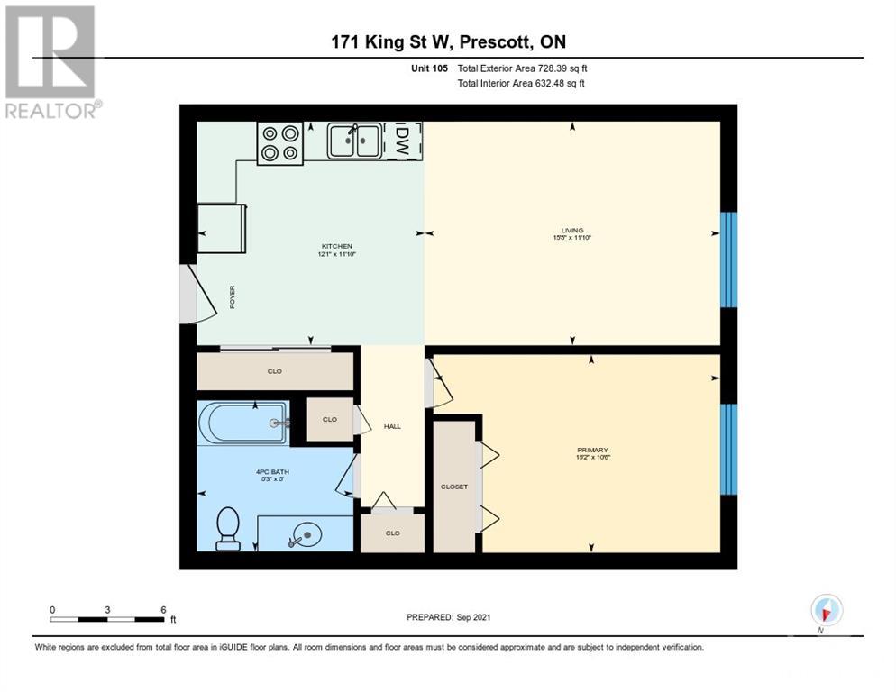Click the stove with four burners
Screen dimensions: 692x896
279,142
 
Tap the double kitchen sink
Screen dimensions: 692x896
352,141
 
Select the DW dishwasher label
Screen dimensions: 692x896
402,141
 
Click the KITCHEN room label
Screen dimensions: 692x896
337,247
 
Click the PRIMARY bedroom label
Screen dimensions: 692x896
592,450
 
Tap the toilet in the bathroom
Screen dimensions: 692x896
228,527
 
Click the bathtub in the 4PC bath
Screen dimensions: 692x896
243,423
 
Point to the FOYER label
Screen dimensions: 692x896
232,296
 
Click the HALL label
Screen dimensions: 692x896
391,427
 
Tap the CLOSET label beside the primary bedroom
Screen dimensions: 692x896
453,487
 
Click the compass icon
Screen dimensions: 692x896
826,610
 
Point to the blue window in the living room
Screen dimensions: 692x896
728,259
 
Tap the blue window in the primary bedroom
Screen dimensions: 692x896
728,449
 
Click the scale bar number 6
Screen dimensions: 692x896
163,610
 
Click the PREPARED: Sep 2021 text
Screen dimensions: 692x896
448,617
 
